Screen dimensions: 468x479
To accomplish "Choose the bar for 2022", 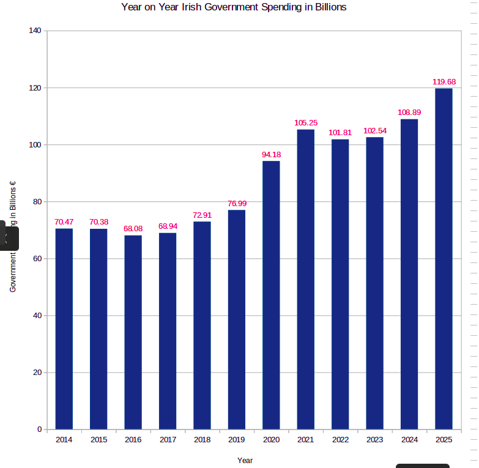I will pos(340,284).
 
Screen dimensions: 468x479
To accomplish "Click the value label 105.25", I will pos(306,123).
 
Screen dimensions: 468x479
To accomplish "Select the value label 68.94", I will pos(168,226).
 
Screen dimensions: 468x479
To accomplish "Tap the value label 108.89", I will pos(409,113).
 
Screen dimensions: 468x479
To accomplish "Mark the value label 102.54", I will pos(374,131).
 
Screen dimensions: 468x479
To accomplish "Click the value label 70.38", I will pos(98,222).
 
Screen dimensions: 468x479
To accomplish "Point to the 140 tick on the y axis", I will pos(35,31).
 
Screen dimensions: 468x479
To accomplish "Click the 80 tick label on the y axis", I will pos(37,202).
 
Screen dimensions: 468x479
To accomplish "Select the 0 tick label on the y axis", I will pos(39,429).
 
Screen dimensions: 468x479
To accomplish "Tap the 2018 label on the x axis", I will pos(202,440).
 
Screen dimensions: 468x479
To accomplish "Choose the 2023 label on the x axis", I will pos(374,440).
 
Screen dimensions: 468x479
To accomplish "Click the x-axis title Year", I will pos(245,461).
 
